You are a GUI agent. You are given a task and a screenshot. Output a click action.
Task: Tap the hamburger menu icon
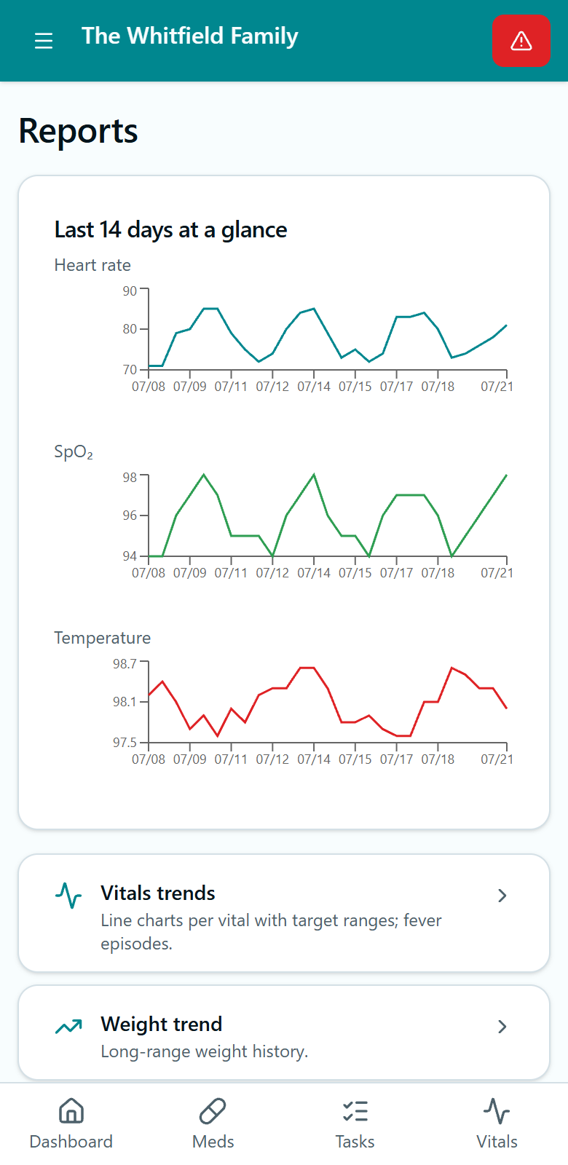click(x=44, y=41)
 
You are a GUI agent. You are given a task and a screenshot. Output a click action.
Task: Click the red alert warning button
click(x=521, y=41)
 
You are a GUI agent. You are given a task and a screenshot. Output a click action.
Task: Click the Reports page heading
click(x=79, y=131)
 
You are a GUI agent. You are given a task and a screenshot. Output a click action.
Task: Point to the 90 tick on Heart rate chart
click(x=130, y=291)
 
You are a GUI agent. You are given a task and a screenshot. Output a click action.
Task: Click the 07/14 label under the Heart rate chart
click(x=314, y=387)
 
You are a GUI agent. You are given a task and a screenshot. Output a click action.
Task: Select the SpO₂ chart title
click(x=74, y=452)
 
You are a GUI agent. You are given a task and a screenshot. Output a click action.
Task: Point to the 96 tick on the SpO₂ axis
click(x=130, y=516)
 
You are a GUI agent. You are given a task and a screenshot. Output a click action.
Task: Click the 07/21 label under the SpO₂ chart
click(x=497, y=572)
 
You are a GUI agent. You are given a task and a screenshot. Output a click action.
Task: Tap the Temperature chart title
click(x=103, y=638)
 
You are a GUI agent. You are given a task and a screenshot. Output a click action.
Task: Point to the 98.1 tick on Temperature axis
click(x=125, y=702)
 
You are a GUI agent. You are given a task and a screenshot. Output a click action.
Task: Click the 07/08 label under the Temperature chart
click(x=149, y=759)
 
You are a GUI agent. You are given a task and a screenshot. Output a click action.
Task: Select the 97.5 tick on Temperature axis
click(x=125, y=742)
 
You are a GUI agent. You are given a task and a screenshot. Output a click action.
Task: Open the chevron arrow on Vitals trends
click(x=502, y=896)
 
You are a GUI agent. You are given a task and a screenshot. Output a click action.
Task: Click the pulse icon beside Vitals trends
click(x=68, y=896)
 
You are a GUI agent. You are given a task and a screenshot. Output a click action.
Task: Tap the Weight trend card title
click(x=162, y=1024)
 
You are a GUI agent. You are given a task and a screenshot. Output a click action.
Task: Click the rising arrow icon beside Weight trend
click(x=68, y=1026)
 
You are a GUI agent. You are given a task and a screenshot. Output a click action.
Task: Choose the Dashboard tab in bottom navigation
click(x=71, y=1124)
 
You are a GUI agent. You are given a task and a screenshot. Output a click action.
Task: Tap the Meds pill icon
click(x=213, y=1111)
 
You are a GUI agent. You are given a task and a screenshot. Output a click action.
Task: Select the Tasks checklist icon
click(x=355, y=1111)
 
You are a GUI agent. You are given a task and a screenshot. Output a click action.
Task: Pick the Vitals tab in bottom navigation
click(x=497, y=1124)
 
